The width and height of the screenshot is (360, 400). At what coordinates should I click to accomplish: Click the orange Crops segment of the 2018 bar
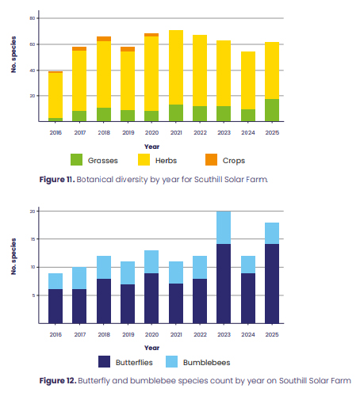pos(104,39)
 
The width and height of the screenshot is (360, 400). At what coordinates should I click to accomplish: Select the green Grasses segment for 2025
pos(272,110)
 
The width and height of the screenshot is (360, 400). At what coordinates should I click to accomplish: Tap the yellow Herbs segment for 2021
pos(176,67)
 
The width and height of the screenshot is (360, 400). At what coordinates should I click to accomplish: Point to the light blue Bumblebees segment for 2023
pos(224,227)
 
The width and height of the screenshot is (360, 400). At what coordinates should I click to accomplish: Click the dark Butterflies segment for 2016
pos(56,306)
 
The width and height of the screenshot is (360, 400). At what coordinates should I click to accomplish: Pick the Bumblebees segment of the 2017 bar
pos(79,278)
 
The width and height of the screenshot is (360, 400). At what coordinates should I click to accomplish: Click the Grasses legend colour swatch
pos(76,160)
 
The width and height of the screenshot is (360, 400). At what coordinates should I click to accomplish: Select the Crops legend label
pos(234,161)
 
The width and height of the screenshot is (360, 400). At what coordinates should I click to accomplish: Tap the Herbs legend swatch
pos(144,160)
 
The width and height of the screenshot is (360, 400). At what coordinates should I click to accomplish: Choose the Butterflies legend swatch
pos(104,361)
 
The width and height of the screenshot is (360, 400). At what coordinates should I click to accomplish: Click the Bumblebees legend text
pos(206,363)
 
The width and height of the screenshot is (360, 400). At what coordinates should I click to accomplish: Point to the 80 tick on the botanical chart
pos(33,18)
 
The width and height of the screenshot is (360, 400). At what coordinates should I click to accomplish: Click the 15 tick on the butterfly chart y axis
pos(33,239)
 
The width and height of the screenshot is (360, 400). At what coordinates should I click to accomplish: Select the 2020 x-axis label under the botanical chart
pos(151,132)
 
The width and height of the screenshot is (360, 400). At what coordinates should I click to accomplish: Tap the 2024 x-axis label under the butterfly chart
pos(248,334)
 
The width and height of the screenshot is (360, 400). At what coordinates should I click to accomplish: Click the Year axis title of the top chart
pos(151,147)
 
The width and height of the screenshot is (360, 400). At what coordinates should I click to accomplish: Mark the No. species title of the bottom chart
pos(13,257)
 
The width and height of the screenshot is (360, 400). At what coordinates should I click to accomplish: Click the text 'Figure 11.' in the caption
pos(57,180)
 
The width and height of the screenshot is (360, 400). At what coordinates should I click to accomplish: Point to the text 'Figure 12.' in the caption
pos(58,381)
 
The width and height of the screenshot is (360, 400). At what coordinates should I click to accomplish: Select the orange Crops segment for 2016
pos(56,72)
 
